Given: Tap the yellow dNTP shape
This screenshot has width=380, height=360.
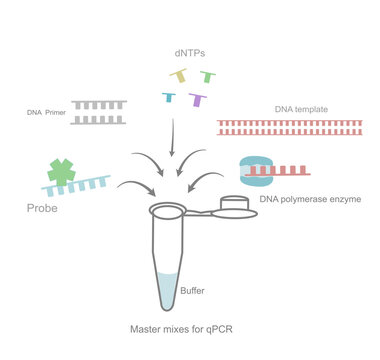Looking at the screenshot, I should [180, 76].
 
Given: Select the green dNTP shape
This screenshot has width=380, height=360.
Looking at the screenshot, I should [207, 75].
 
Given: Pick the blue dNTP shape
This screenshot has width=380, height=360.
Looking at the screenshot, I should [171, 97].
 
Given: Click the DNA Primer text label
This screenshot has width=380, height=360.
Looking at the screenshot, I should [47, 113].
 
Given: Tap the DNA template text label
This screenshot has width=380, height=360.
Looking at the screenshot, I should [299, 108].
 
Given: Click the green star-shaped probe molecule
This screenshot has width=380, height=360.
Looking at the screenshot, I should [62, 169].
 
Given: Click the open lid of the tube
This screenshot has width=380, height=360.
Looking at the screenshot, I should [236, 205].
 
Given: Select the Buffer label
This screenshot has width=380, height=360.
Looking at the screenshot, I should [193, 291].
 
